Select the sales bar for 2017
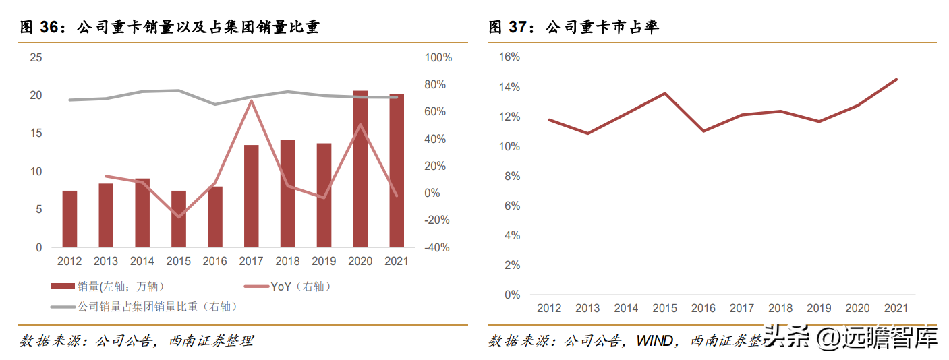point(251,196)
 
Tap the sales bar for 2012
point(69,218)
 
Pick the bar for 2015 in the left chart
point(178,218)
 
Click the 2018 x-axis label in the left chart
point(287,262)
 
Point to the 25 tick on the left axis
point(36,57)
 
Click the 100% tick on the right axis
point(438,57)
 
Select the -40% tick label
point(437,248)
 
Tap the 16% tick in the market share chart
point(509,57)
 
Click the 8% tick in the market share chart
point(511,176)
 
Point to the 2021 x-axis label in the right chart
point(896,308)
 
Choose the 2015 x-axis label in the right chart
point(664,308)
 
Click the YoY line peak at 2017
point(251,101)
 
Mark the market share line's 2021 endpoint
point(896,80)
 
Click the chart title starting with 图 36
point(169,27)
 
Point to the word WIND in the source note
point(654,341)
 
